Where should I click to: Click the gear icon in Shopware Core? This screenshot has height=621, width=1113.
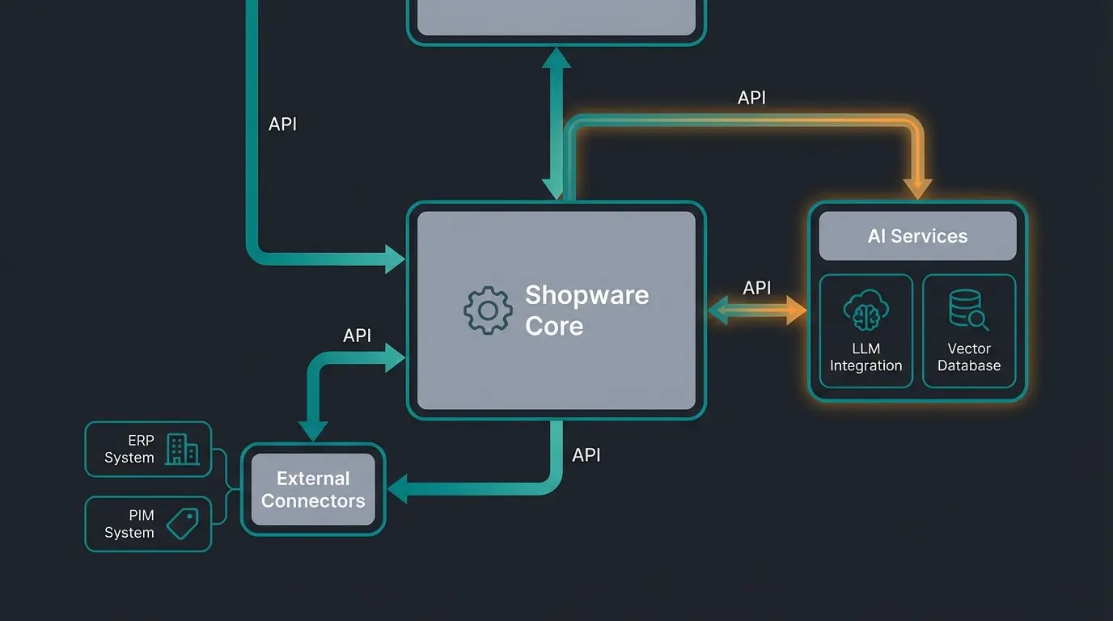487,310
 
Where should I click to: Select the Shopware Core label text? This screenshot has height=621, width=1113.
586,310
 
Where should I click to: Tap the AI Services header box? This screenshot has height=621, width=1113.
917,236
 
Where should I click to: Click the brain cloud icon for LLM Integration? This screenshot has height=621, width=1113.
865,309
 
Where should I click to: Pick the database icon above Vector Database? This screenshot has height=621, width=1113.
968,309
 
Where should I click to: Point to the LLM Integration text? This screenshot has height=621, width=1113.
865,357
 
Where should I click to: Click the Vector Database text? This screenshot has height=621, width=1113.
968,357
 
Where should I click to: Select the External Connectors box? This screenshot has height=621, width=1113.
313,489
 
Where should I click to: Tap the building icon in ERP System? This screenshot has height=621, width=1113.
182,450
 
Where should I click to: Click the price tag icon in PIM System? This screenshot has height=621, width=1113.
183,524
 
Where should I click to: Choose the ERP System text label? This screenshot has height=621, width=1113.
129,450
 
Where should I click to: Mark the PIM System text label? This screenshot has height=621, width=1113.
129,524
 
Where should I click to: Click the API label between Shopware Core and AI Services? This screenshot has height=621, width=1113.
756,288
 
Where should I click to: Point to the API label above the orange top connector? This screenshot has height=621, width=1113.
751,98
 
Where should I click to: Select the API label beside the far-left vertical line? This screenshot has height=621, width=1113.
282,125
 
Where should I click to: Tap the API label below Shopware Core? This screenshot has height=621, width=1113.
586,455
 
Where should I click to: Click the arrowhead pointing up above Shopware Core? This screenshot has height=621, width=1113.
556,57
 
